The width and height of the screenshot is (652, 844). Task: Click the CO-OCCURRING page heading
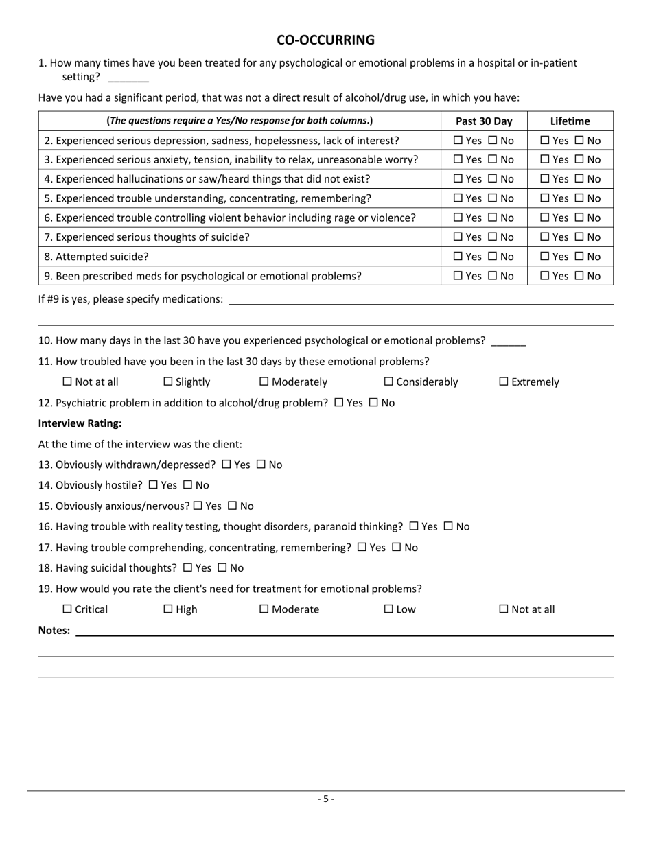click(x=325, y=40)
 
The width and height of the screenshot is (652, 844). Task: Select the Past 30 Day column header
click(x=484, y=121)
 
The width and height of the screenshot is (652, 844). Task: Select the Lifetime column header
click(x=570, y=121)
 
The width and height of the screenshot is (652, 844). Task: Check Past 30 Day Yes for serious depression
click(x=458, y=141)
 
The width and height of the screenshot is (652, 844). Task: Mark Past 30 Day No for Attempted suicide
click(x=493, y=257)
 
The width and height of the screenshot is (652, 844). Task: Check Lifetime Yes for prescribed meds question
click(x=545, y=276)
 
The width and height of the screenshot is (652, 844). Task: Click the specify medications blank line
click(x=420, y=300)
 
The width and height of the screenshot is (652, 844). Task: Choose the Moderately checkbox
click(x=264, y=382)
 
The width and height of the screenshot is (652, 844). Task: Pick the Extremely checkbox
click(x=503, y=382)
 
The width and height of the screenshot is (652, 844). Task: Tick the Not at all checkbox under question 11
click(x=67, y=382)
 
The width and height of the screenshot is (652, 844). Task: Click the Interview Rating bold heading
click(x=80, y=423)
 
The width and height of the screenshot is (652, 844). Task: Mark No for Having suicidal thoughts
click(x=222, y=568)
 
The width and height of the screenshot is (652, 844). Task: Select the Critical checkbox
click(x=67, y=609)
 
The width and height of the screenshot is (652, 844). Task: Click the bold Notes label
click(x=54, y=631)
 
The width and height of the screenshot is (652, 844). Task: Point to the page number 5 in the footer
click(x=325, y=799)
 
